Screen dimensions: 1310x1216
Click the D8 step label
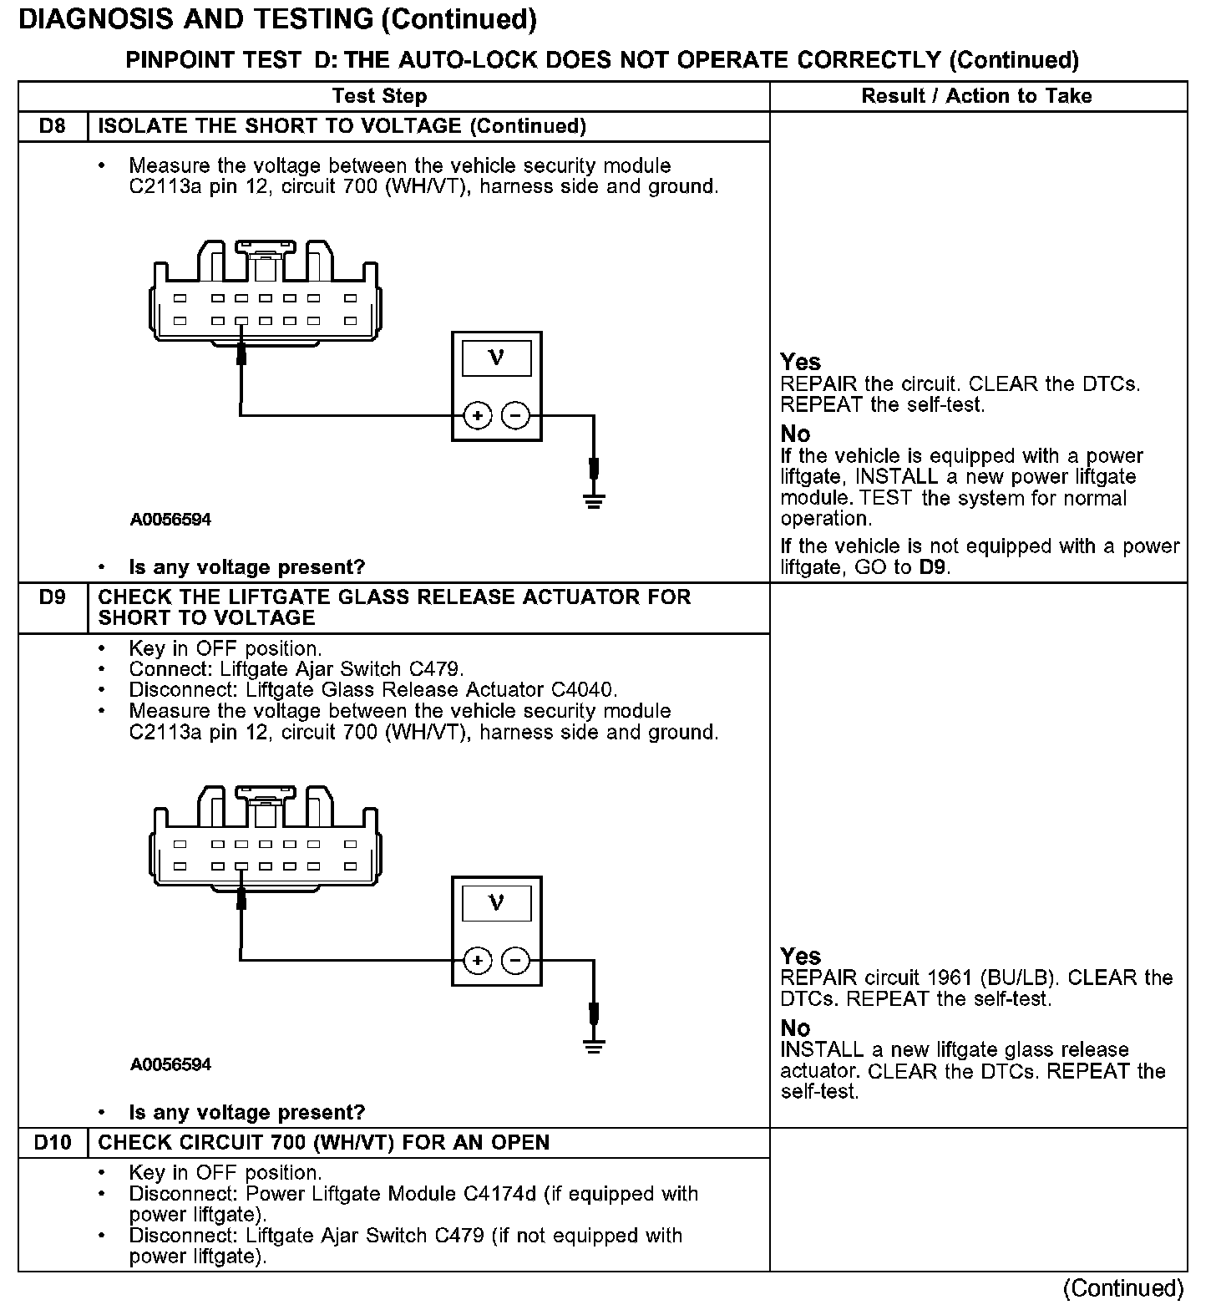tap(52, 126)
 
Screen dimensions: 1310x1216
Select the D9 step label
tap(52, 597)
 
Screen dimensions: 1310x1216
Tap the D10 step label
tap(53, 1142)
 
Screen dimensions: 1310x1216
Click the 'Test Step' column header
tap(379, 96)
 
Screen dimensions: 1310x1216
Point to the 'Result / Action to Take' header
tap(976, 96)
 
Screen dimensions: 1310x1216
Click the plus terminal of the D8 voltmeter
tap(478, 415)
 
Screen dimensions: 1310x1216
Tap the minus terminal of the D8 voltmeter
tap(515, 415)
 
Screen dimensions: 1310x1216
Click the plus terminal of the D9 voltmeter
tap(478, 961)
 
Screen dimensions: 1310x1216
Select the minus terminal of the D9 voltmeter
tap(515, 961)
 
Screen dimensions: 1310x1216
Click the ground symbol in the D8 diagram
tap(594, 500)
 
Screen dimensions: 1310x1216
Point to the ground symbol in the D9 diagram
tap(594, 1045)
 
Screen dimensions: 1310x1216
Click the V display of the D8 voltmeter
tap(496, 358)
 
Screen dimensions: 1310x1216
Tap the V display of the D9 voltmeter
tap(496, 903)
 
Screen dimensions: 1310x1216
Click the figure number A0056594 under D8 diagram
tap(170, 520)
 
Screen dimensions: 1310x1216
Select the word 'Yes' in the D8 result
tap(800, 362)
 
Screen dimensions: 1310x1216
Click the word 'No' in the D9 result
tap(795, 1028)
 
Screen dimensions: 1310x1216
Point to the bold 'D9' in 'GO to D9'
tap(934, 567)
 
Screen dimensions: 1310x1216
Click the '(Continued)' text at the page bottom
tap(1123, 1288)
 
